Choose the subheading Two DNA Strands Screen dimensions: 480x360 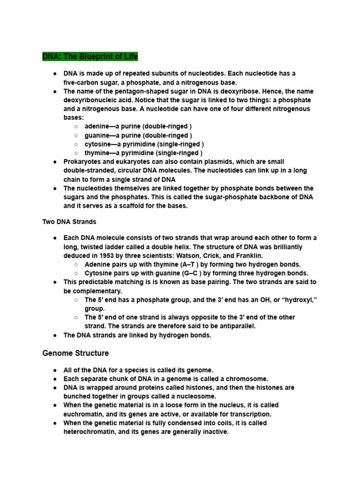tap(69, 221)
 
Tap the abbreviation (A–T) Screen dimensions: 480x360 tap(190, 264)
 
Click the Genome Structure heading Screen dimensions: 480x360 tap(75, 353)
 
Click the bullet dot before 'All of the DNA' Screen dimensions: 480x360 tap(55, 370)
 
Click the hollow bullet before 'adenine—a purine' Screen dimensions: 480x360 tap(76, 127)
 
